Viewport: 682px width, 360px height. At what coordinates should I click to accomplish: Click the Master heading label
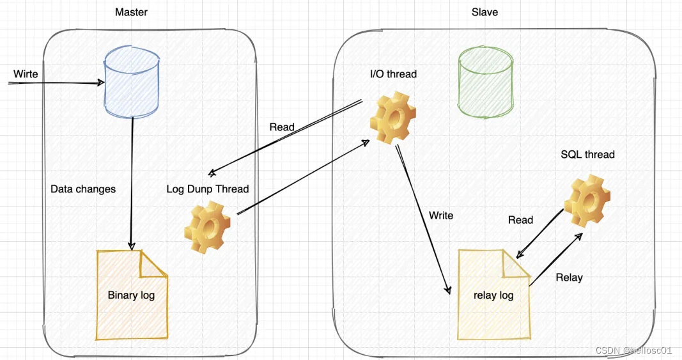[131, 12]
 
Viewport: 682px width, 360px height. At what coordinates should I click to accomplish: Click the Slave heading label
[484, 12]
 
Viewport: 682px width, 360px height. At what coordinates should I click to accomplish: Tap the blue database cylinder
[132, 82]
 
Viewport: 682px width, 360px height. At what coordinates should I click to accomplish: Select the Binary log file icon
[132, 294]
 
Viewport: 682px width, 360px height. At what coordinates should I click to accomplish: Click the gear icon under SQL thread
[587, 201]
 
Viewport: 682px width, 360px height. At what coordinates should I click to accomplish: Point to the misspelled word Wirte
[26, 74]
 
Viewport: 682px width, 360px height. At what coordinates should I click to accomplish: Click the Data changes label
[83, 189]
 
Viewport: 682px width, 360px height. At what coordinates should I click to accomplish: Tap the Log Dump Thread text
[207, 189]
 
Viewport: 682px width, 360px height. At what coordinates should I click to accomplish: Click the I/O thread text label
[393, 74]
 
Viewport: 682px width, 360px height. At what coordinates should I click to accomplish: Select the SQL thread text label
[587, 154]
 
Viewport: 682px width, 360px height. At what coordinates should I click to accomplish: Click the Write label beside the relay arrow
[441, 215]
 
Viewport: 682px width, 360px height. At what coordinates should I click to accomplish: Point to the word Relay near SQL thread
[569, 278]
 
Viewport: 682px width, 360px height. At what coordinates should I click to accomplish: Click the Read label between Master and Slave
[282, 127]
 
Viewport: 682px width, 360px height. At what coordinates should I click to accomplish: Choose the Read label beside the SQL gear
[520, 220]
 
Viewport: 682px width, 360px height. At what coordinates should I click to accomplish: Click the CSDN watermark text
[633, 350]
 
